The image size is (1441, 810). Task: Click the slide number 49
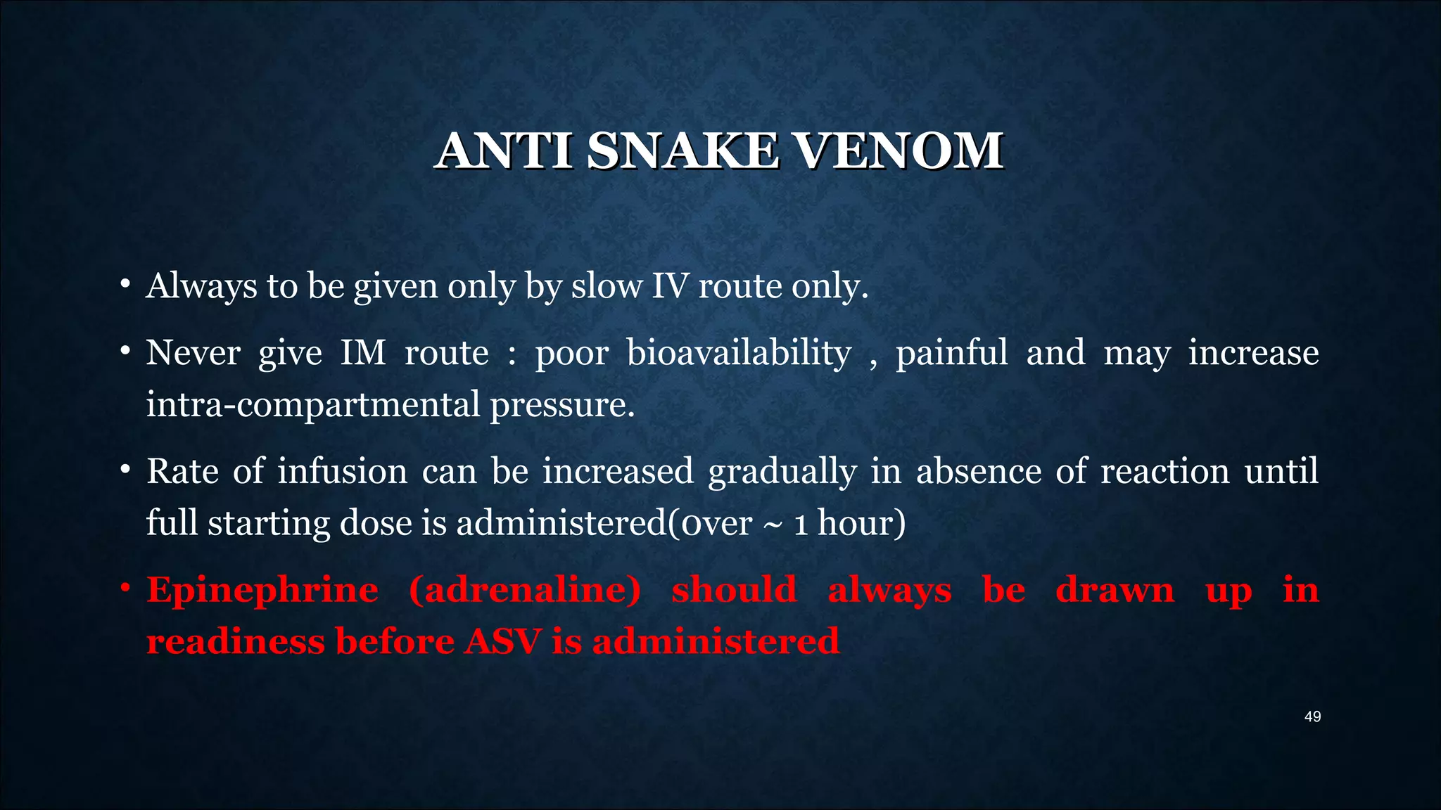pyautogui.click(x=1312, y=716)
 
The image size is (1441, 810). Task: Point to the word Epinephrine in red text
pyautogui.click(x=262, y=590)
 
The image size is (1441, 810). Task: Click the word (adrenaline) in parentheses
pyautogui.click(x=525, y=590)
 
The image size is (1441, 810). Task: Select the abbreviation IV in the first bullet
pyautogui.click(x=668, y=286)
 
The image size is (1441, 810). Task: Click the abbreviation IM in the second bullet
pyautogui.click(x=363, y=352)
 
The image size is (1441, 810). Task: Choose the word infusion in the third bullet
pyautogui.click(x=342, y=471)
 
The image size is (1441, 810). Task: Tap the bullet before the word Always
pyautogui.click(x=124, y=284)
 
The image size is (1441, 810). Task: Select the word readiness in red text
pyautogui.click(x=235, y=641)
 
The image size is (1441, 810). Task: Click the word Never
pyautogui.click(x=193, y=352)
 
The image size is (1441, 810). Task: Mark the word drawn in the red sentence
pyautogui.click(x=1115, y=590)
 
